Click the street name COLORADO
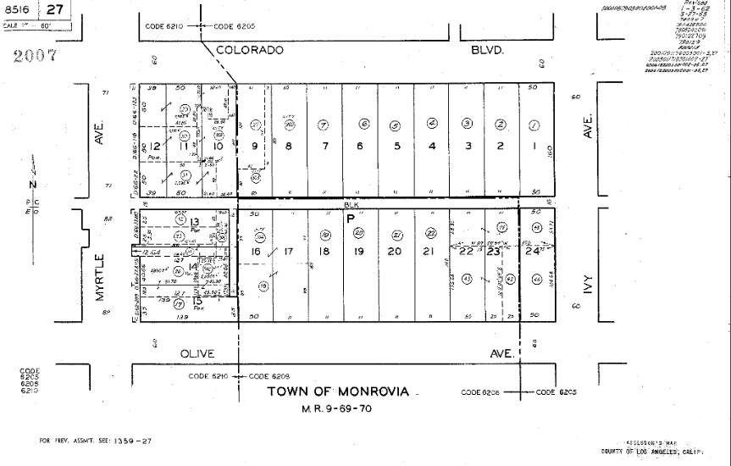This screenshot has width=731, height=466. (x=249, y=50)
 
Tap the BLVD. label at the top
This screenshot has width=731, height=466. (x=487, y=50)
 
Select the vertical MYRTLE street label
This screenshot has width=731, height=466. (x=99, y=276)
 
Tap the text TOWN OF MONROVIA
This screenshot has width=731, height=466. (x=338, y=391)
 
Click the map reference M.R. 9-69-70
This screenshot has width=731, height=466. (x=336, y=408)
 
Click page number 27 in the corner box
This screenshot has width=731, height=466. (x=55, y=10)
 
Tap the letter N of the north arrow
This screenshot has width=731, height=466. (x=32, y=184)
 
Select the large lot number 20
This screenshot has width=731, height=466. (x=394, y=251)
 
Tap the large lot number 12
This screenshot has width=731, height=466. (x=153, y=146)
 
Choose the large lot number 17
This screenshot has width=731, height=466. (x=288, y=251)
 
